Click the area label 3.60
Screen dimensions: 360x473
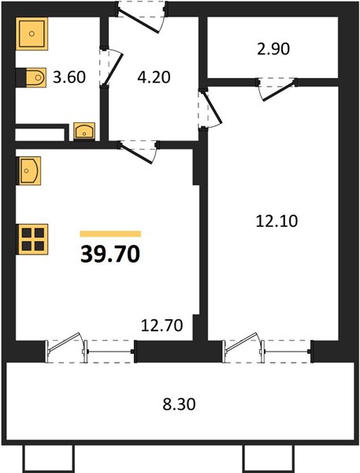[69, 77]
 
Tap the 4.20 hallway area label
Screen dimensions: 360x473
[154, 77]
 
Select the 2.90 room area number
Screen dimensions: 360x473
[273, 49]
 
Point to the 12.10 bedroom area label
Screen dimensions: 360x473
[276, 221]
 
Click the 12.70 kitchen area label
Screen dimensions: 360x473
[162, 326]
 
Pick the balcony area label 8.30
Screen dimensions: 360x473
[179, 404]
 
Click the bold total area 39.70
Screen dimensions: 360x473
[110, 255]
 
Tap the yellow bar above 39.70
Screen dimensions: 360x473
[110, 234]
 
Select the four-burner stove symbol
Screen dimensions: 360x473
[32, 239]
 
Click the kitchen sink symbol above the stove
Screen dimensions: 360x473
[28, 171]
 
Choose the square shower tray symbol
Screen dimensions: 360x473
[32, 33]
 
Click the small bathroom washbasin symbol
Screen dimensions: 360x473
[84, 131]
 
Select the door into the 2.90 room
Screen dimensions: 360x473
[278, 90]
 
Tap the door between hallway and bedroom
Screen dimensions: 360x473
[213, 108]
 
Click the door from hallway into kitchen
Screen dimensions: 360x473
[136, 154]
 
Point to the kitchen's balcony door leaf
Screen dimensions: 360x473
[65, 342]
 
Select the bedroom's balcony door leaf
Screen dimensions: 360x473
[242, 342]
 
